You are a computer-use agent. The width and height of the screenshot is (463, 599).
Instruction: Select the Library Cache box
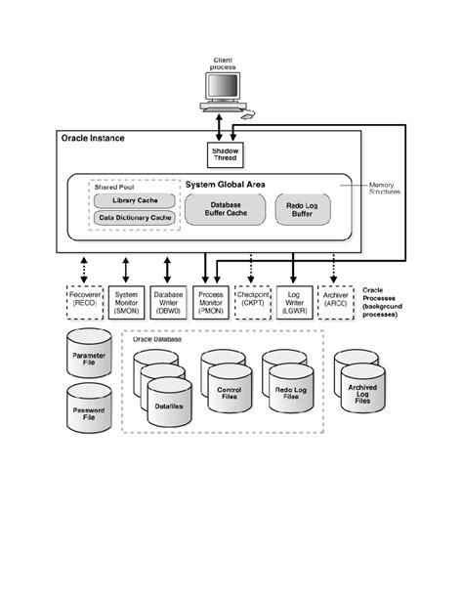pos(134,200)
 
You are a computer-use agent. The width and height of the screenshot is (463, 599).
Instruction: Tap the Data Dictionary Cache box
pos(134,219)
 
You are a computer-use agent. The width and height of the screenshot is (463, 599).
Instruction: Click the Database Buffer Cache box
pos(226,208)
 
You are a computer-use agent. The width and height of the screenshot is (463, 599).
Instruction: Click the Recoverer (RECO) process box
pos(84,300)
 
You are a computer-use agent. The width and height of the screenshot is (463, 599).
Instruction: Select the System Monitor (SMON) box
pos(127,300)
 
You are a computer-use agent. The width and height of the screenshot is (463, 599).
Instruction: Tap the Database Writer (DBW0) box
pos(168,300)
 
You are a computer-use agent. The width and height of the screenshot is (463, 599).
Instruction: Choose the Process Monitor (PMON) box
pos(210,300)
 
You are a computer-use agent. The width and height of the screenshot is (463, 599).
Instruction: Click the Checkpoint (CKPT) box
pos(252,300)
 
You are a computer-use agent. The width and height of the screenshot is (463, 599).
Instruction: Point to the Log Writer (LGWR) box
pos(293,300)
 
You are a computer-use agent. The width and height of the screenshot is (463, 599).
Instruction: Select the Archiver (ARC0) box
pos(335,300)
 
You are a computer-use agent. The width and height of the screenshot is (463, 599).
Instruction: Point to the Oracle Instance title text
pos(94,139)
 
